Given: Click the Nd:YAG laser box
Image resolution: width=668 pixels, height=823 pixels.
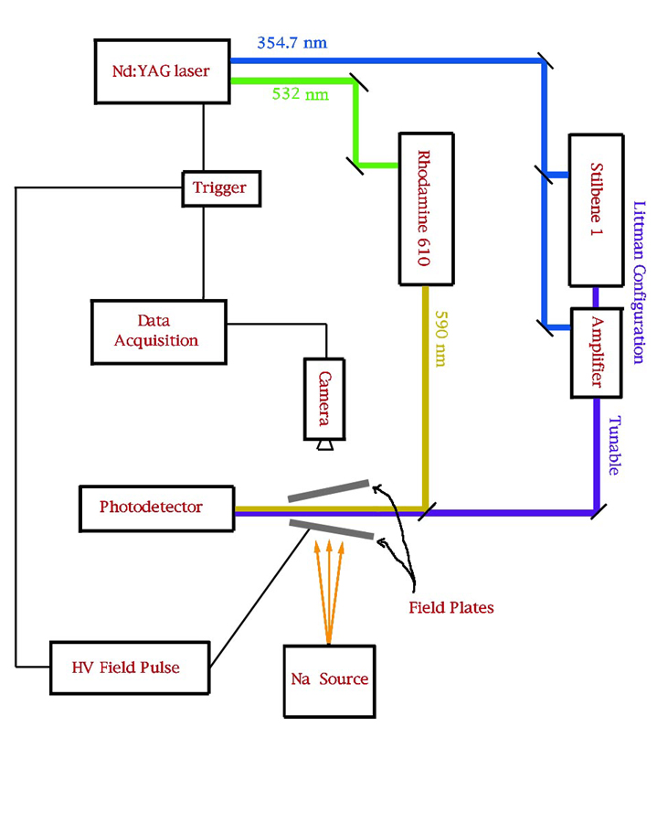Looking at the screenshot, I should coord(162,70).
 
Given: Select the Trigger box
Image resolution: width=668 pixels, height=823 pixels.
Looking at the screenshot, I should coord(219,188).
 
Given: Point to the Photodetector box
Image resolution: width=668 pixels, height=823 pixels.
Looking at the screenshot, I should coord(156,507).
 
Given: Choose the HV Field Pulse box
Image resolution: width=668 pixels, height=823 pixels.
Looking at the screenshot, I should coord(128,667).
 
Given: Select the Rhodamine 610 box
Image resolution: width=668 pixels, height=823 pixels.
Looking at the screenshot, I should coord(427,208).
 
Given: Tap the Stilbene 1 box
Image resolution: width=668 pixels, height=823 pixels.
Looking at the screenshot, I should coord(597,210).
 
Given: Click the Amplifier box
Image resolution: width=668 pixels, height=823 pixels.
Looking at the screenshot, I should coord(597,352).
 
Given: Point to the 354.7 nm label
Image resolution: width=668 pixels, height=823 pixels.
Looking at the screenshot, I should coord(292,42).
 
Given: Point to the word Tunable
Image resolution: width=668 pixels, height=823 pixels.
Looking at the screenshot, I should coord(615,446).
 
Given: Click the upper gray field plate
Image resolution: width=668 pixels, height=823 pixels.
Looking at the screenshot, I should coord(329,491).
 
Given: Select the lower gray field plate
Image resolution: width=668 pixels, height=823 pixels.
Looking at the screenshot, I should coord(332,529).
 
